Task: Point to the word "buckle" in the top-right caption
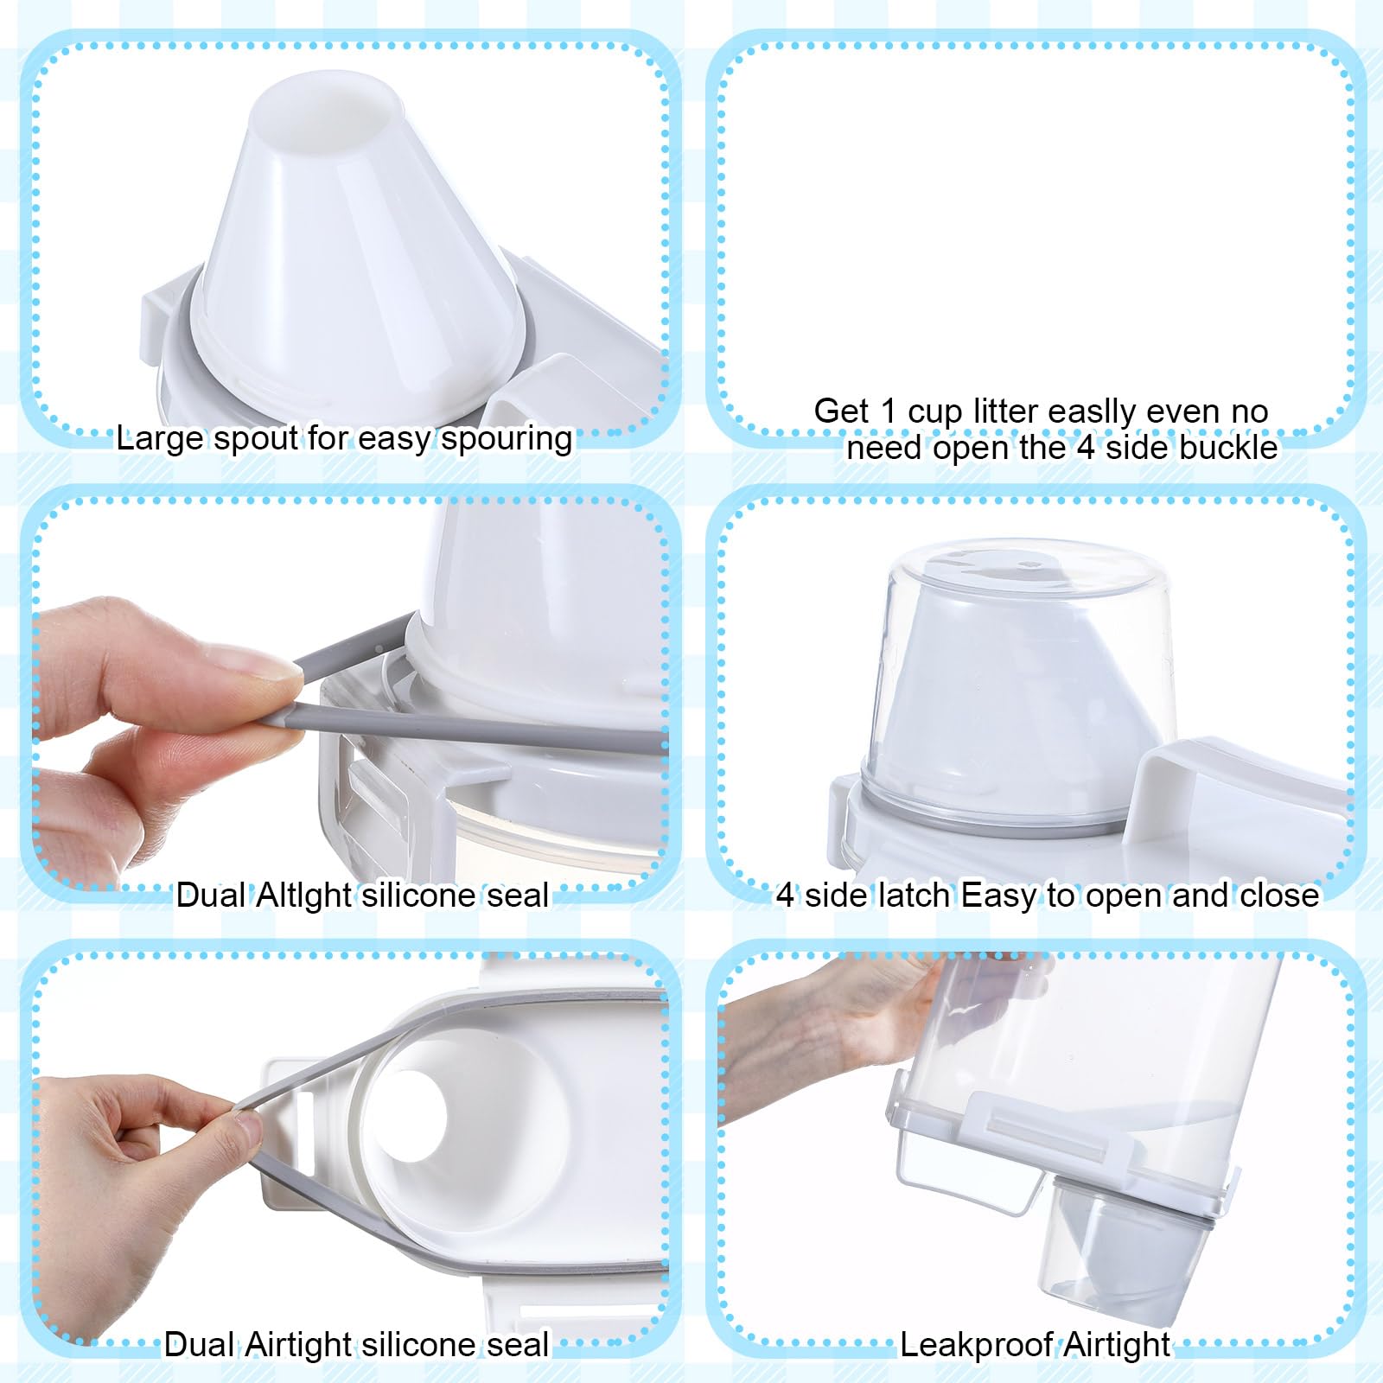coord(1228,448)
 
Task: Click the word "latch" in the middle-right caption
coord(915,895)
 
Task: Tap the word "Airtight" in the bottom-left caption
coord(299,1345)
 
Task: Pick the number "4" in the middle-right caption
coord(784,895)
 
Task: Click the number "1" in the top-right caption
coord(888,411)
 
